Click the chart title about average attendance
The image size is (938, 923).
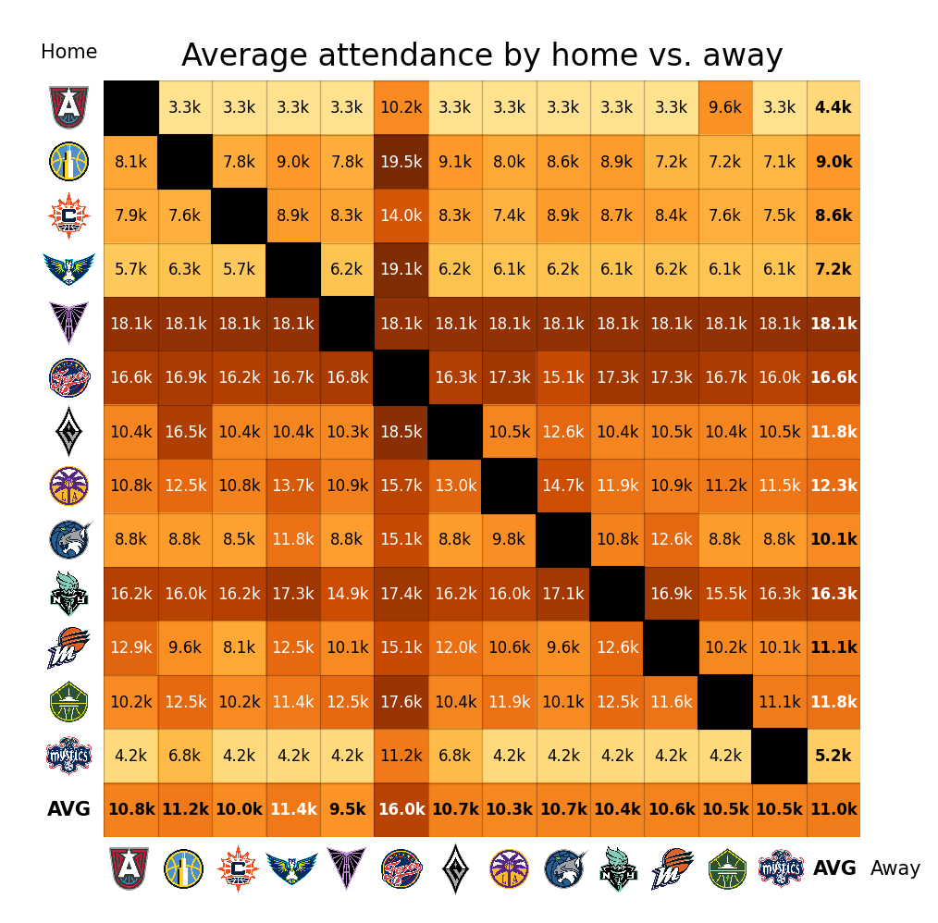click(x=482, y=55)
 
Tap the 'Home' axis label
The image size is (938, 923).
click(x=68, y=52)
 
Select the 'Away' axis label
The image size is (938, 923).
click(x=895, y=868)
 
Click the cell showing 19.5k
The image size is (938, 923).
click(x=401, y=162)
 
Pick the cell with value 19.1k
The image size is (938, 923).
click(x=401, y=270)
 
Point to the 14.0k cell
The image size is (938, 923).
click(x=401, y=215)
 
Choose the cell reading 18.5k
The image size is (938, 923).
click(x=401, y=432)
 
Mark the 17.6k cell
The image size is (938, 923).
click(x=401, y=702)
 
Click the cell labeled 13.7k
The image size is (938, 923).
click(x=293, y=486)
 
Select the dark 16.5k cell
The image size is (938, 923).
click(x=185, y=432)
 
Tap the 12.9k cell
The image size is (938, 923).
click(x=130, y=647)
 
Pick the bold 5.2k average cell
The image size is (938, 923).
click(x=833, y=756)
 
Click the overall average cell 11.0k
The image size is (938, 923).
click(x=833, y=809)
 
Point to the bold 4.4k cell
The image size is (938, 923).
click(x=833, y=107)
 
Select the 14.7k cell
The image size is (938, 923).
click(x=563, y=486)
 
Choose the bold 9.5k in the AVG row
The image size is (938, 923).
click(x=347, y=809)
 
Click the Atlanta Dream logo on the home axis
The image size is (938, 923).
click(x=69, y=107)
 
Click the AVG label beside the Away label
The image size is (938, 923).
click(x=834, y=868)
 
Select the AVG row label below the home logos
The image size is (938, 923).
click(x=69, y=809)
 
